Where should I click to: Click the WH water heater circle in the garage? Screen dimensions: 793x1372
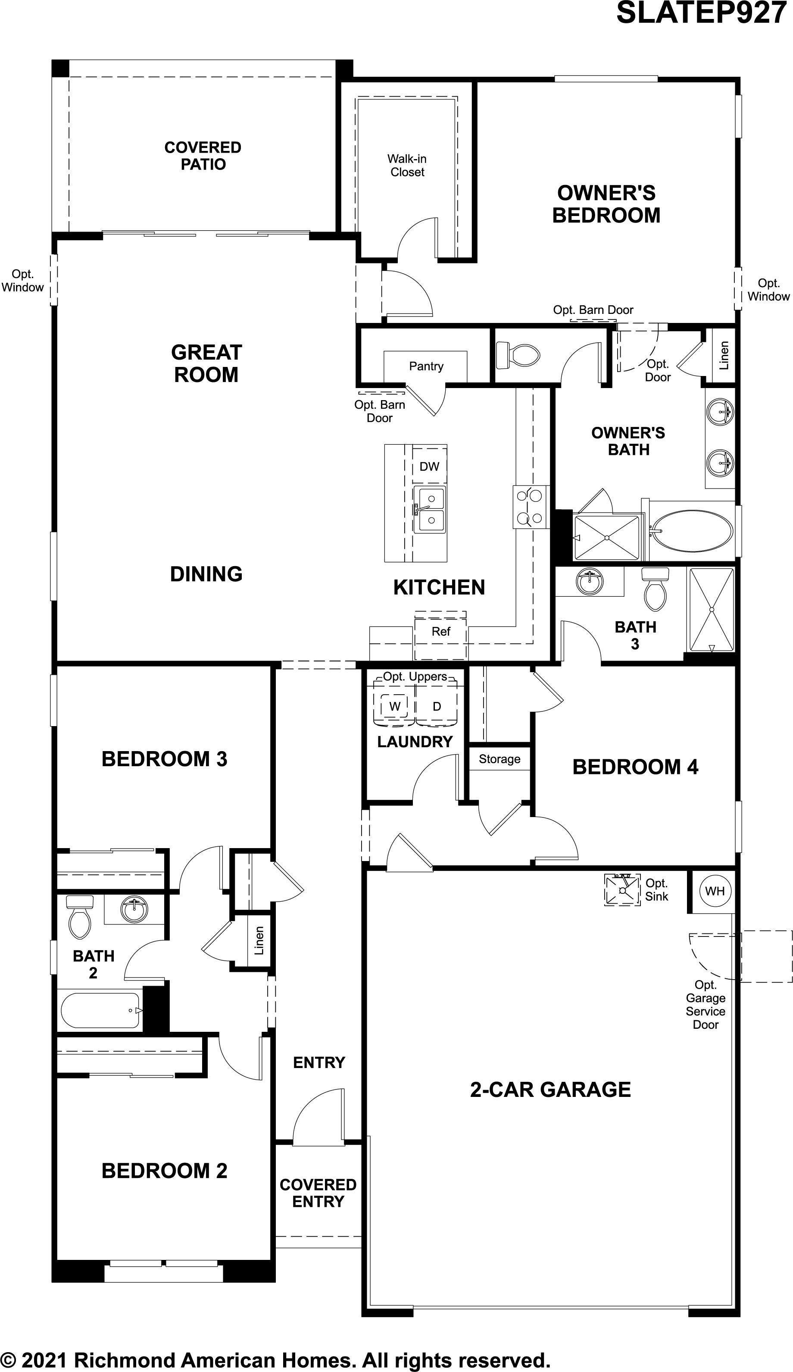714,891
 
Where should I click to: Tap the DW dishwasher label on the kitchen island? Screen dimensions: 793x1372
429,466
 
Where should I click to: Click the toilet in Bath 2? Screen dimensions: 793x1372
79,918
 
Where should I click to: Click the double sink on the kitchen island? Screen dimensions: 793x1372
429,510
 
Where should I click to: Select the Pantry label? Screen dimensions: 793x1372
426,366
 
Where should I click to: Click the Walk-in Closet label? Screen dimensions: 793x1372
407,166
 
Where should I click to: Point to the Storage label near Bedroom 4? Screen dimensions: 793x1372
499,759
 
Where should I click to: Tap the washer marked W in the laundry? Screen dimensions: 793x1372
395,707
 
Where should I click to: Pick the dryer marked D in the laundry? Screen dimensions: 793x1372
437,707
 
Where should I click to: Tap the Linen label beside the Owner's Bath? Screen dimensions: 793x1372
724,356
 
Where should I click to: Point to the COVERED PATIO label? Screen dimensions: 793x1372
203,156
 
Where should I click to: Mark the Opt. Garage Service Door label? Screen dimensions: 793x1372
706,1005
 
